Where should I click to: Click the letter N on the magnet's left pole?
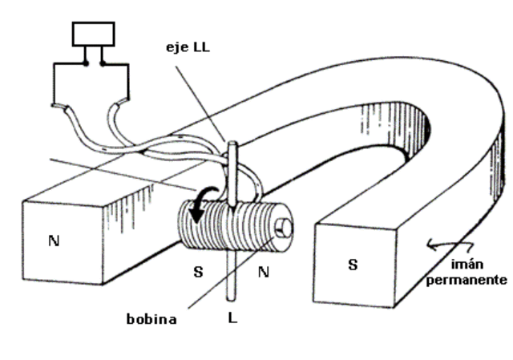pos(53,241)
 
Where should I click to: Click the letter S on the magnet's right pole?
pos(353,264)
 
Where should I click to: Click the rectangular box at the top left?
pos(93,34)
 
